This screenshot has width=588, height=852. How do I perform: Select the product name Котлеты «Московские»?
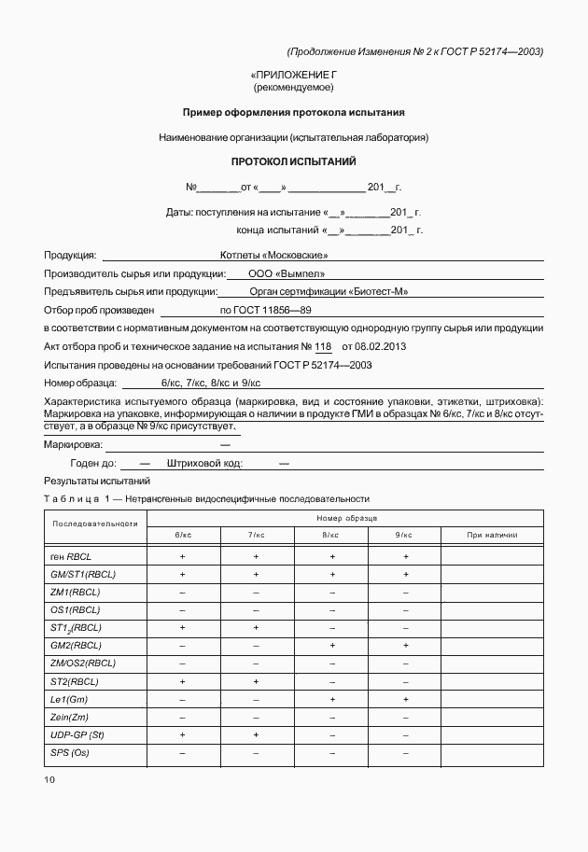273,255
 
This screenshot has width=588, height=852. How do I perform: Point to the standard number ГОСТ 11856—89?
265,310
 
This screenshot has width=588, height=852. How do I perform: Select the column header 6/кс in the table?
183,535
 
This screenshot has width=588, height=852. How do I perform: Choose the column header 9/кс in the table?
404,535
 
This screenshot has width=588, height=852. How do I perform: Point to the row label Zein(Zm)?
70,718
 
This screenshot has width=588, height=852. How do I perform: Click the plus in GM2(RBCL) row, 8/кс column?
331,646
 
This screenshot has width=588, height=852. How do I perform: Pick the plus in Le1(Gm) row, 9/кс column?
405,699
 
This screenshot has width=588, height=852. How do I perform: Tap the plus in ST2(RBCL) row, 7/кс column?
257,681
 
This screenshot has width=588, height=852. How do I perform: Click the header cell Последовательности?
95,524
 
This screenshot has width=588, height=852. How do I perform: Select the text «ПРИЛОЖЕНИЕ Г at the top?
293,74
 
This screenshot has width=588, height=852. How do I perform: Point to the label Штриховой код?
205,463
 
